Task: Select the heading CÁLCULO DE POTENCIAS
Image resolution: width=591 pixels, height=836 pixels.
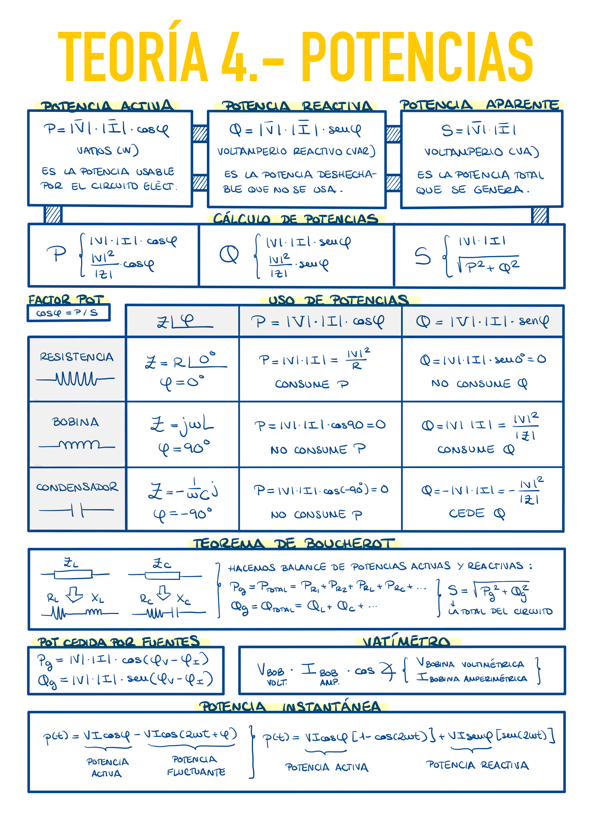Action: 295,219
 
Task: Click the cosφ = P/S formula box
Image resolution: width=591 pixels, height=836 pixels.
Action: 68,313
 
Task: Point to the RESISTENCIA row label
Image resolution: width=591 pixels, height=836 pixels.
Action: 77,357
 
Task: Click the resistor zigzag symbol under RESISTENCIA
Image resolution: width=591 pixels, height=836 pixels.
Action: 76,379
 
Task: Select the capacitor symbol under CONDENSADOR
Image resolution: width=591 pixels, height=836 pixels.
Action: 77,510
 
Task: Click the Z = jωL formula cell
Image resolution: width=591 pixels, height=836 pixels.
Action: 182,425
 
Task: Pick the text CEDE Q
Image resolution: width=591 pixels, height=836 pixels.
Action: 477,513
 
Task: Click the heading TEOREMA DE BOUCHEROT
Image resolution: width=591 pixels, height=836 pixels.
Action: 294,544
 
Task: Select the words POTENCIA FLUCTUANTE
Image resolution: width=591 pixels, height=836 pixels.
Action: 196,766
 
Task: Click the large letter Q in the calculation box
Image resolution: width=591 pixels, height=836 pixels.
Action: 229,254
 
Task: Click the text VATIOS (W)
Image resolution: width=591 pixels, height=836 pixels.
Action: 108,151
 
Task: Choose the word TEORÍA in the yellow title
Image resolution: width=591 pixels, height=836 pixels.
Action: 133,56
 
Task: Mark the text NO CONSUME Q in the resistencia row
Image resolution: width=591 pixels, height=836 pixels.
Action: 479,384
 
